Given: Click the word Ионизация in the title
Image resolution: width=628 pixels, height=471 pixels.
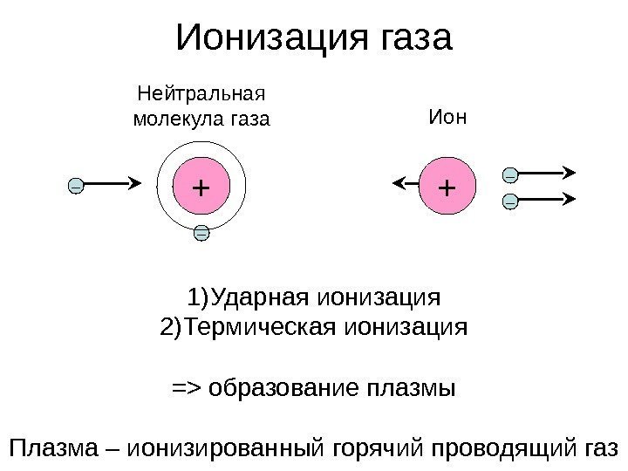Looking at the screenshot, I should pos(272,39).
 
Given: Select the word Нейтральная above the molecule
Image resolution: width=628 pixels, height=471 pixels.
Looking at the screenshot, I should pos(201,92).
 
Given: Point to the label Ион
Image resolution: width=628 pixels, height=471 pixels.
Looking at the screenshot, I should pos(447,116).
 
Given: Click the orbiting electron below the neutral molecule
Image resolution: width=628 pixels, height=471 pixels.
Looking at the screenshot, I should pos(201,233).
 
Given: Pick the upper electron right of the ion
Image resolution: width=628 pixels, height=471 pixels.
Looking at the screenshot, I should pos(510,175).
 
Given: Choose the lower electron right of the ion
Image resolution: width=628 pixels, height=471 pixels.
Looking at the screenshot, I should pos(510,202).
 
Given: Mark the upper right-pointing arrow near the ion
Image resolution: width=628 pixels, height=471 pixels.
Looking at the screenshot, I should pos(548,171).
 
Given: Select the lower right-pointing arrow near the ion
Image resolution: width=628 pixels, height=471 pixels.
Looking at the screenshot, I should pos(548,198).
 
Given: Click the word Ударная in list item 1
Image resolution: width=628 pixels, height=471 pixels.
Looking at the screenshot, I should pos(260,299).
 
